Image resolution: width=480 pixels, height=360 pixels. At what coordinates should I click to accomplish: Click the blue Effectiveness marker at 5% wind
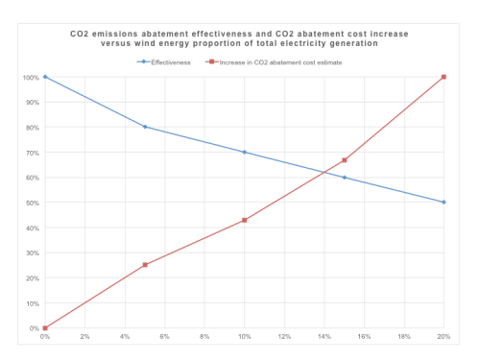145,127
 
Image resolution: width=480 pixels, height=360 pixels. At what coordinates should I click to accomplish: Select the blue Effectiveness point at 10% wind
245,153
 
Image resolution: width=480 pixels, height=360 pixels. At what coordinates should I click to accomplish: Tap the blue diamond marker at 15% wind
345,178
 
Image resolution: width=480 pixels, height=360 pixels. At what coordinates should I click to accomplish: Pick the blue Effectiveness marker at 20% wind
444,203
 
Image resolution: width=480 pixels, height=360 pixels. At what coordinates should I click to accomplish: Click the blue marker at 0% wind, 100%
45,77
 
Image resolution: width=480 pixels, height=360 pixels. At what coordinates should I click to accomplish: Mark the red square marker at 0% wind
45,328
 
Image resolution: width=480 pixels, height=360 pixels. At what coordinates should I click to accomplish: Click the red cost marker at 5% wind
145,265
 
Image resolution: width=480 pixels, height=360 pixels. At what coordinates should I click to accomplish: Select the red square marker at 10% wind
245,220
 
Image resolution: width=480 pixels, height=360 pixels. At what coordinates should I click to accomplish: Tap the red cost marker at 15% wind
345,160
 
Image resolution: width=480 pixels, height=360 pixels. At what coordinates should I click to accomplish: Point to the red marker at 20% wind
444,77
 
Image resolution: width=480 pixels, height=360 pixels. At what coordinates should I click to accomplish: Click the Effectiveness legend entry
164,62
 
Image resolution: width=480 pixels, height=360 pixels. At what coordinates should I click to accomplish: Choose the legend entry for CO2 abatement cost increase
274,62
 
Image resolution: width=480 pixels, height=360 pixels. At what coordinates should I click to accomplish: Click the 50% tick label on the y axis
33,203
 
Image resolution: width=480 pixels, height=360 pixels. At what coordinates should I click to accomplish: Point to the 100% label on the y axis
31,78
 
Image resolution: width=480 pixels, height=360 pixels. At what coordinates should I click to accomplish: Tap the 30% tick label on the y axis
33,253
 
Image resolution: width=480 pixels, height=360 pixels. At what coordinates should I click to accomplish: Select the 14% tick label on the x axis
324,336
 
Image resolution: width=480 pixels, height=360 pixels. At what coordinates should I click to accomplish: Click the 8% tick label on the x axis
204,336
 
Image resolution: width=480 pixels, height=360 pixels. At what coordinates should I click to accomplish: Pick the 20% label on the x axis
444,336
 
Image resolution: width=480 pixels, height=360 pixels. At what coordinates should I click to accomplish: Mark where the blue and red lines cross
324,173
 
